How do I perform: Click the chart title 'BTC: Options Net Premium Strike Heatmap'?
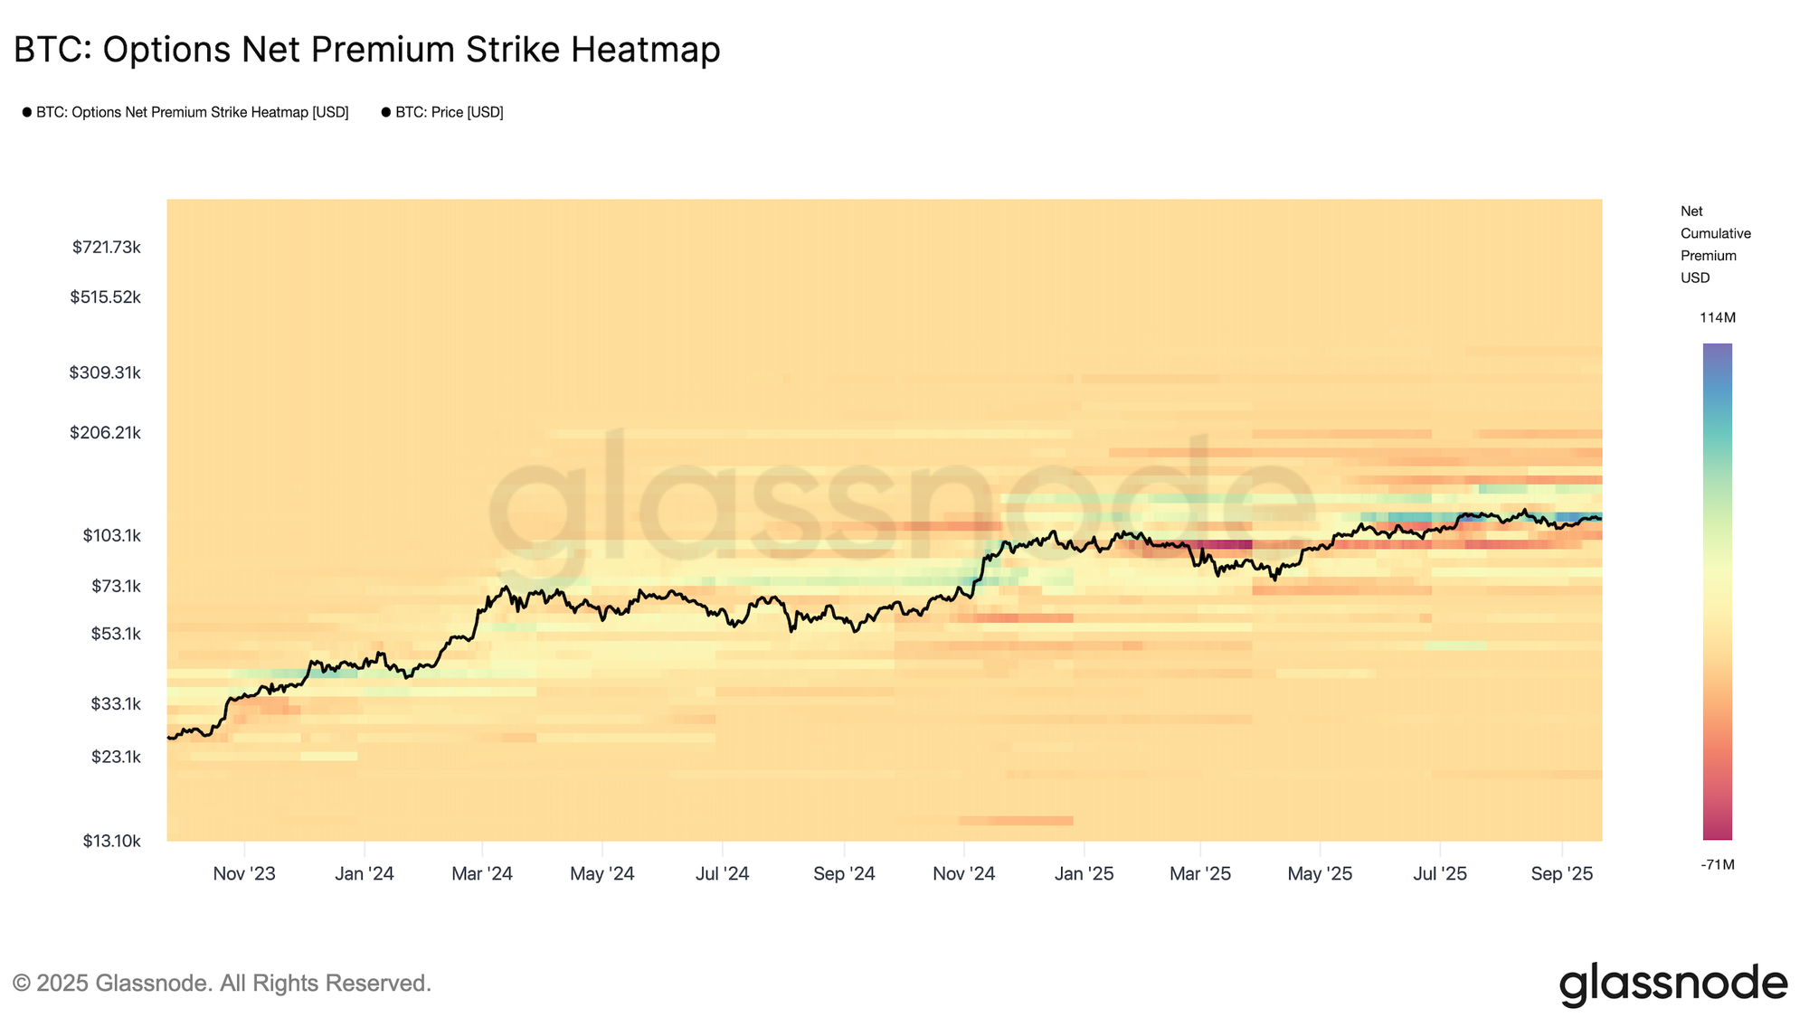(366, 50)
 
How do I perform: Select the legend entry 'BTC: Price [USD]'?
(449, 112)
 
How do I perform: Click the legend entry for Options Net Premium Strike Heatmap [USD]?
(192, 112)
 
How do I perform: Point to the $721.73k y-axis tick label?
(107, 247)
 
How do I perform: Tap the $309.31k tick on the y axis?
(105, 372)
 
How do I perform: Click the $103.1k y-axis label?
(112, 535)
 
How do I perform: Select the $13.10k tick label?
(112, 841)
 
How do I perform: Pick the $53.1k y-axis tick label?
(116, 634)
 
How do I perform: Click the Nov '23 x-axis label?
(244, 874)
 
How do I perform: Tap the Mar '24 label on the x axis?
(482, 874)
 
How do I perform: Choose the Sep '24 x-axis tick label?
(844, 874)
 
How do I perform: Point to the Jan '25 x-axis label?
(1084, 874)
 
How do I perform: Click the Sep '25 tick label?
(1561, 874)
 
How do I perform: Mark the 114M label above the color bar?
(1717, 318)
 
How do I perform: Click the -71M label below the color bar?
(1717, 865)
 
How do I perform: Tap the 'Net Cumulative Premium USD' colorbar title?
(1715, 244)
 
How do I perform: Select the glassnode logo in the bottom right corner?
(1673, 984)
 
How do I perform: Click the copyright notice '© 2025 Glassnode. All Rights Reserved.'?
(222, 983)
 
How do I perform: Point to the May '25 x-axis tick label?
(1320, 874)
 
